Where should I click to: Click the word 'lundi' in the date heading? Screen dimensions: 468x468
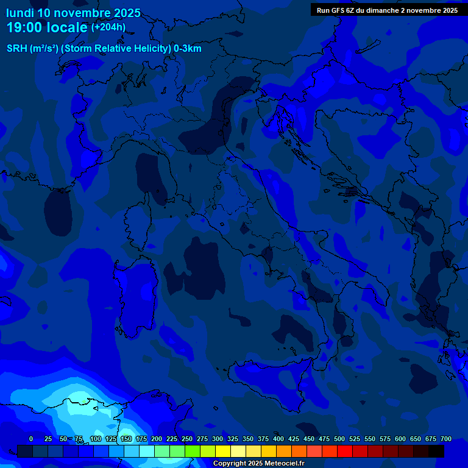pyautogui.click(x=19, y=13)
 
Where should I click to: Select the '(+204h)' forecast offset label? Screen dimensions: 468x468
pyautogui.click(x=108, y=27)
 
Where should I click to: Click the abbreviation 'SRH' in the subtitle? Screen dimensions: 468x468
pyautogui.click(x=17, y=49)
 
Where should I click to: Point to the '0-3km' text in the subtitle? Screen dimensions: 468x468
pyautogui.click(x=188, y=49)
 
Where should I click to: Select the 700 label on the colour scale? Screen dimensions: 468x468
pyautogui.click(x=445, y=439)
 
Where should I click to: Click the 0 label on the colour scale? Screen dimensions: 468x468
pyautogui.click(x=31, y=439)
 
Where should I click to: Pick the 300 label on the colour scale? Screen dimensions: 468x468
pyautogui.click(x=218, y=439)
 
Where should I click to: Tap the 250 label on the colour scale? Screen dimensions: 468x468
pyautogui.click(x=187, y=439)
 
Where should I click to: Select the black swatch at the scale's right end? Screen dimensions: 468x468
pyautogui.click(x=436, y=451)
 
